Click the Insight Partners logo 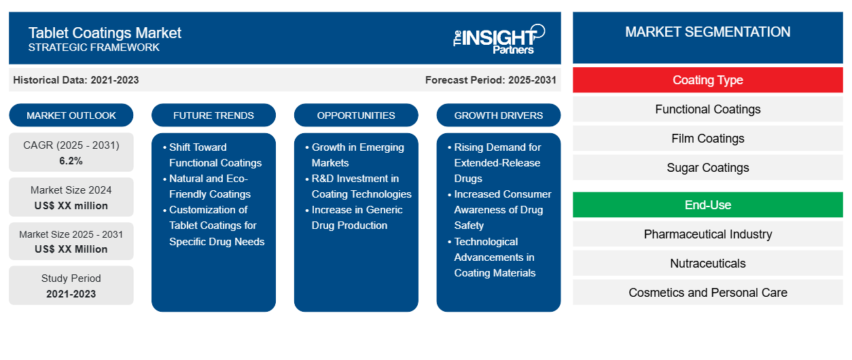[x=499, y=39]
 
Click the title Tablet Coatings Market [x=105, y=33]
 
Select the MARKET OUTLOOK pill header [x=71, y=115]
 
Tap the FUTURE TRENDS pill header [x=213, y=115]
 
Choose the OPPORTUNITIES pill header [x=356, y=115]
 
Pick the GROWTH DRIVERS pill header [x=498, y=115]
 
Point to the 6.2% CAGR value [x=71, y=161]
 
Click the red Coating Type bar [x=707, y=80]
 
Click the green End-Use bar [x=707, y=205]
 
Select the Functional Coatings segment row [x=707, y=109]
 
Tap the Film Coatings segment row [x=707, y=139]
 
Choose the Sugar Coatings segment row [x=707, y=168]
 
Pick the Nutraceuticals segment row [x=707, y=263]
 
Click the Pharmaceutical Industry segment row [x=707, y=234]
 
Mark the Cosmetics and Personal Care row [x=707, y=292]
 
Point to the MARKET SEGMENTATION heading [x=707, y=32]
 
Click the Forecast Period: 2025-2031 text [x=491, y=80]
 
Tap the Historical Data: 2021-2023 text [x=76, y=80]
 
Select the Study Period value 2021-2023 [x=71, y=294]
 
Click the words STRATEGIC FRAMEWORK [x=94, y=48]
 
